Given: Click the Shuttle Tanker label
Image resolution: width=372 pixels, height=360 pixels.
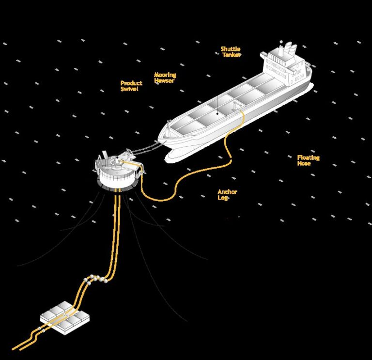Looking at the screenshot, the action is [231, 52].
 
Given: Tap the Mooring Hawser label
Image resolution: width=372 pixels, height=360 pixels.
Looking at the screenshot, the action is [165, 78].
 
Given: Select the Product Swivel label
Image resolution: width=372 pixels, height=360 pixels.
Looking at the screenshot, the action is [131, 86].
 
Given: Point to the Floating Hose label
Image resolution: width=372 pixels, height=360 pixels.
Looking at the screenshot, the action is [309, 160].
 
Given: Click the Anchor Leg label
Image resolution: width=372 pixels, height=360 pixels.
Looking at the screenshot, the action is [227, 195].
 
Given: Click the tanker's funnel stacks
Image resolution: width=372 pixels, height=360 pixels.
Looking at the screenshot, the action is [289, 48].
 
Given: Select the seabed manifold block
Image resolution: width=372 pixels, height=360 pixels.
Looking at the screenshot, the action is [64, 318].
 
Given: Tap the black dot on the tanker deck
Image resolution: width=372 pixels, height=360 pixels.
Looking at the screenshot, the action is [217, 113].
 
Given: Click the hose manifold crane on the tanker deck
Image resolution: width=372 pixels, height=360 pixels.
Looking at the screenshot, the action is [236, 106].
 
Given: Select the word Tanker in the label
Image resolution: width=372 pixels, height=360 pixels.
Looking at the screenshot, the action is [232, 55].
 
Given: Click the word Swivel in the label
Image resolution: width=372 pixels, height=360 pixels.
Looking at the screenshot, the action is [129, 89].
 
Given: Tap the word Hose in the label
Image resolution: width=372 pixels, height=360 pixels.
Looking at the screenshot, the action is [304, 163].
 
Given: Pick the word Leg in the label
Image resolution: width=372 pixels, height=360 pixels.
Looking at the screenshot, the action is [222, 198].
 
